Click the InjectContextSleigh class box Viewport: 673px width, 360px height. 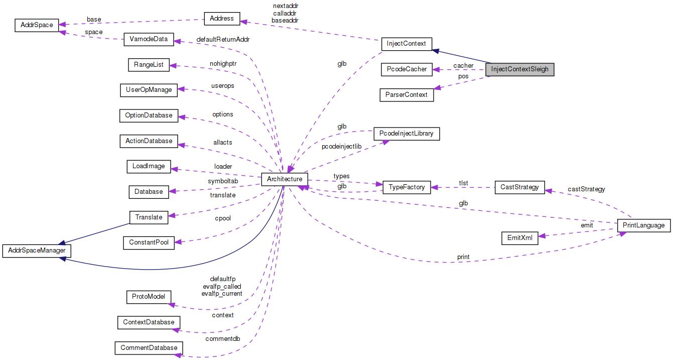[519, 69]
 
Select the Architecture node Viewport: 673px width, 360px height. [284, 179]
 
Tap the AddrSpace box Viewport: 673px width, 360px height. [37, 25]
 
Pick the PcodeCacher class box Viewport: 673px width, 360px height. [407, 69]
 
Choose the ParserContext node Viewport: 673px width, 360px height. [407, 94]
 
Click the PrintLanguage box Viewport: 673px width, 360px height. [643, 225]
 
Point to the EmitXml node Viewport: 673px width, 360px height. [519, 238]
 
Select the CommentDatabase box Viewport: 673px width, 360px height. [149, 347]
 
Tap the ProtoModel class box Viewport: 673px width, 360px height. [149, 297]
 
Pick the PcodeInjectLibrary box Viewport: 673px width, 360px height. [407, 134]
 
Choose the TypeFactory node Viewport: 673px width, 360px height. [407, 187]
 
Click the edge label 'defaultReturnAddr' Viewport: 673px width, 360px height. [223, 39]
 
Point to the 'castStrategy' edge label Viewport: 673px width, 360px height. [586, 189]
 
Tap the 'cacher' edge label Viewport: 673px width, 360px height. [463, 66]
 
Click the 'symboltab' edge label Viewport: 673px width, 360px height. [223, 181]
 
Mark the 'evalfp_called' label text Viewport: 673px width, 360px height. [222, 286]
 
